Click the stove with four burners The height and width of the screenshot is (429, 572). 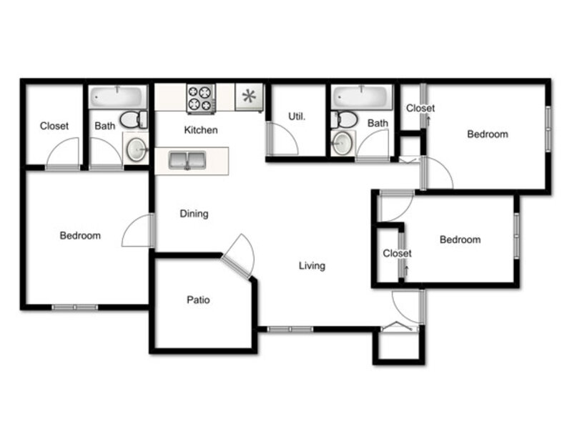pyautogui.click(x=201, y=99)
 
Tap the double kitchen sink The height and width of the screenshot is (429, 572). pyautogui.click(x=187, y=160)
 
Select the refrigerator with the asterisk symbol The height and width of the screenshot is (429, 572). pyautogui.click(x=249, y=97)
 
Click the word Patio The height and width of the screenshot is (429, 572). pyautogui.click(x=198, y=300)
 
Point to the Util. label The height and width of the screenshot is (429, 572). pyautogui.click(x=297, y=117)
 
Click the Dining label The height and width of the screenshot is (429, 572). pyautogui.click(x=194, y=214)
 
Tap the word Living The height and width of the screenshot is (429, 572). pyautogui.click(x=312, y=266)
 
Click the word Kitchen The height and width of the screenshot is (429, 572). pyautogui.click(x=201, y=130)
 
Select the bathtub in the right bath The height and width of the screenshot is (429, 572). pyautogui.click(x=362, y=97)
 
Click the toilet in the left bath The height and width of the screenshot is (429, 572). pyautogui.click(x=134, y=119)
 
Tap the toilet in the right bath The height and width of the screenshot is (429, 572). pyautogui.click(x=345, y=119)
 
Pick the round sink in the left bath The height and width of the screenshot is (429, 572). pyautogui.click(x=136, y=149)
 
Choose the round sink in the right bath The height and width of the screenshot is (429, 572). pyautogui.click(x=342, y=143)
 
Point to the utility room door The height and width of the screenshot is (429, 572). pyautogui.click(x=282, y=139)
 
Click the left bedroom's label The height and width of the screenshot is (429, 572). pyautogui.click(x=80, y=236)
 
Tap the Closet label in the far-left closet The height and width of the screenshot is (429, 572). pyautogui.click(x=54, y=126)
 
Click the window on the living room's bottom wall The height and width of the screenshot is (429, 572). pyautogui.click(x=290, y=330)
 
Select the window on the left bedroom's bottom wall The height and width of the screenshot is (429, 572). pyautogui.click(x=75, y=307)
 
